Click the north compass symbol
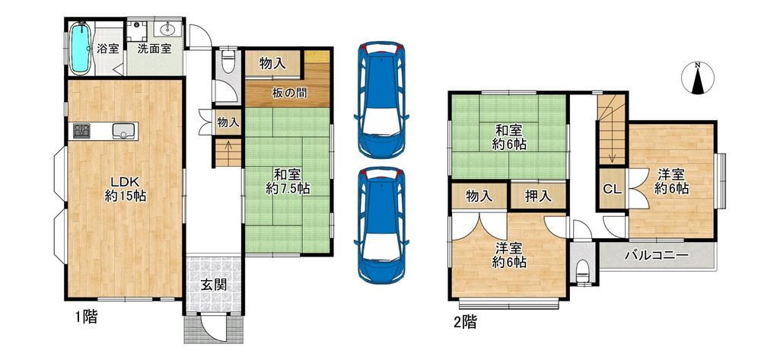(697, 78)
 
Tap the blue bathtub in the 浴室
(81, 48)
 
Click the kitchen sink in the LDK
(124, 131)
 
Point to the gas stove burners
(81, 130)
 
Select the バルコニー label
(657, 255)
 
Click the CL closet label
(612, 190)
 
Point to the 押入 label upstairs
(538, 196)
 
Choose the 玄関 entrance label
(214, 285)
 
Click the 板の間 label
(289, 94)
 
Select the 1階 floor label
(86, 318)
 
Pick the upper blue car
(381, 100)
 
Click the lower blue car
(381, 225)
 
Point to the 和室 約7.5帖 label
(288, 181)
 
